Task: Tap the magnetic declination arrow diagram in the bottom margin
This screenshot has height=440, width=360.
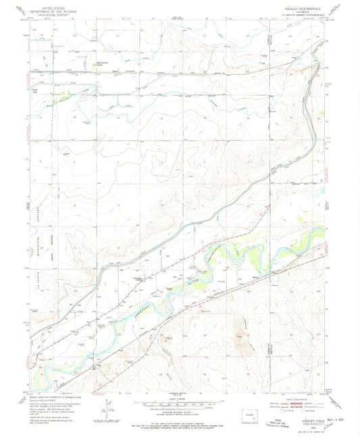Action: pos(106,408)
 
